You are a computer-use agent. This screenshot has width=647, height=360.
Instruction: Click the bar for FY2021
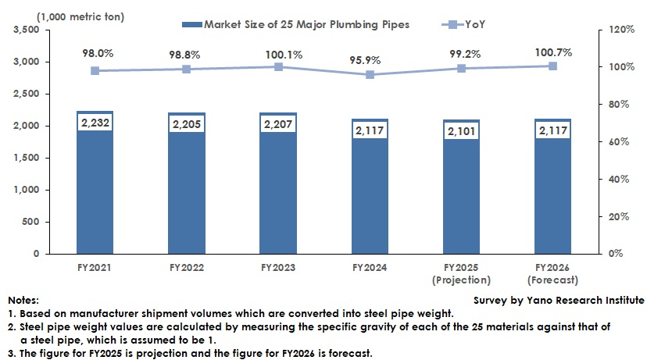pyautogui.click(x=95, y=195)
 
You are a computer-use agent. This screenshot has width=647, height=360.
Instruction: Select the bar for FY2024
pyautogui.click(x=370, y=199)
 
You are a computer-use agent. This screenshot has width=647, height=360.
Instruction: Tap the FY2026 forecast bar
pyautogui.click(x=553, y=199)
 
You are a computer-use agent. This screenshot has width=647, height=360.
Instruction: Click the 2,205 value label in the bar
pyautogui.click(x=187, y=123)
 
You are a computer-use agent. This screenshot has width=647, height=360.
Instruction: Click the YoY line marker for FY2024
pyautogui.click(x=370, y=75)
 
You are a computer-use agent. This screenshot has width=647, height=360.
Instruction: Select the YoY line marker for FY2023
pyautogui.click(x=278, y=67)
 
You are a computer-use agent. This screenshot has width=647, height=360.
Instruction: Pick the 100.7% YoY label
pyautogui.click(x=553, y=52)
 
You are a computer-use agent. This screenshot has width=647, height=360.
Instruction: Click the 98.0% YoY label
pyautogui.click(x=95, y=54)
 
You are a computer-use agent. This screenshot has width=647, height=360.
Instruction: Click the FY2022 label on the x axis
pyautogui.click(x=187, y=267)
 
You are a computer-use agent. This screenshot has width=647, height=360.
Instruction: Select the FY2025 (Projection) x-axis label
pyautogui.click(x=462, y=273)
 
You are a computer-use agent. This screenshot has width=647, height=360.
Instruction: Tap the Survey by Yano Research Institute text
pyautogui.click(x=559, y=300)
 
